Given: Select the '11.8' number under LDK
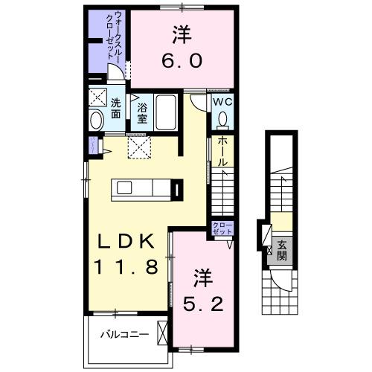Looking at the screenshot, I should (125, 267).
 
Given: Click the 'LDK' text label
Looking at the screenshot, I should (125, 242).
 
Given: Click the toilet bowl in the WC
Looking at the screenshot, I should (222, 120).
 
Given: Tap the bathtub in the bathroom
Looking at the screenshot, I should (167, 112).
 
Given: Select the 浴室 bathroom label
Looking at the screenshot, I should (141, 112).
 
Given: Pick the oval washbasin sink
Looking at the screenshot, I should (97, 121).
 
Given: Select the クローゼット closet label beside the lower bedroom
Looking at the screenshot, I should (222, 228).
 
